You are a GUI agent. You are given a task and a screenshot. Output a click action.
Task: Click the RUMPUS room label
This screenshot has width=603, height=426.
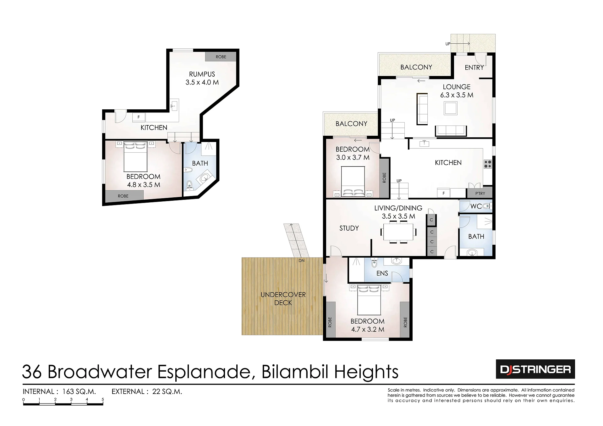point(202,74)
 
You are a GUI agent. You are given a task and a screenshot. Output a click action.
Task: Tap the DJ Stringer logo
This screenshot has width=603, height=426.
point(535,369)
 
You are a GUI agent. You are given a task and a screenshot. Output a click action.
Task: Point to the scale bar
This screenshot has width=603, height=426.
point(63,402)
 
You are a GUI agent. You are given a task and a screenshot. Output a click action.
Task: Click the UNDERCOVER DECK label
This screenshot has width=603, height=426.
point(283,298)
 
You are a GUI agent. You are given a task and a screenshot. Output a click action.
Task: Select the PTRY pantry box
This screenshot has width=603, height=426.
point(480,193)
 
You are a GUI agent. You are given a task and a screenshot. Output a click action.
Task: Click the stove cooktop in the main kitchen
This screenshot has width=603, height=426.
point(488,164)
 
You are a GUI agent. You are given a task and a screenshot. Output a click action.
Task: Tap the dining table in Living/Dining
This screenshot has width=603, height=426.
point(398,232)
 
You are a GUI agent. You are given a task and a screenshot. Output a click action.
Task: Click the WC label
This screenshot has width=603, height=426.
point(476,206)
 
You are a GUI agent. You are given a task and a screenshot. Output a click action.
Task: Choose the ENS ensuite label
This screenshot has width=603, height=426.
point(382,273)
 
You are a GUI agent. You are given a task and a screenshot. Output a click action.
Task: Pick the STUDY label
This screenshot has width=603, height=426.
point(349,228)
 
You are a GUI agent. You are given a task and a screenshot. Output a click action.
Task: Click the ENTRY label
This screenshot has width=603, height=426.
point(474,68)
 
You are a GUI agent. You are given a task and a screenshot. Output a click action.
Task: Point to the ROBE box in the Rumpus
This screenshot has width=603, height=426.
point(221,57)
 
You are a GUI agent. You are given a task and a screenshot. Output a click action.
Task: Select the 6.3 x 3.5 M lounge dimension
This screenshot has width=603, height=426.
point(457,95)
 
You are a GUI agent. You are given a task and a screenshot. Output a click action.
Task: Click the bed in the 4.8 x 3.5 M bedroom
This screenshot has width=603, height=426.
point(135,157)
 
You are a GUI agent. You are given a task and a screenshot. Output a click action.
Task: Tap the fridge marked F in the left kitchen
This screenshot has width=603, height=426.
point(139,117)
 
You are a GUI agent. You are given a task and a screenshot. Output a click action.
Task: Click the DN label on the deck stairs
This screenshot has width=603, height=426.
point(301,261)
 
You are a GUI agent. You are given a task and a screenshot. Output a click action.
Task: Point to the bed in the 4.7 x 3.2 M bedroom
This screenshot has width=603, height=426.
point(369,300)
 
